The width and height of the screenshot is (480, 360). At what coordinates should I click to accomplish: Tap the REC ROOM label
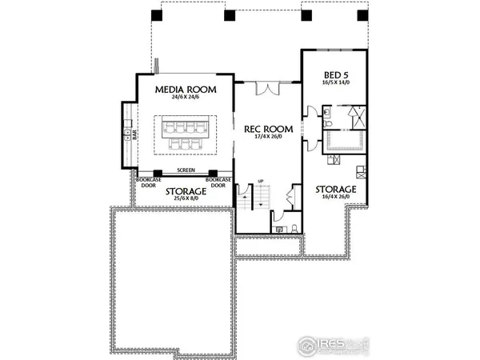(268, 128)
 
